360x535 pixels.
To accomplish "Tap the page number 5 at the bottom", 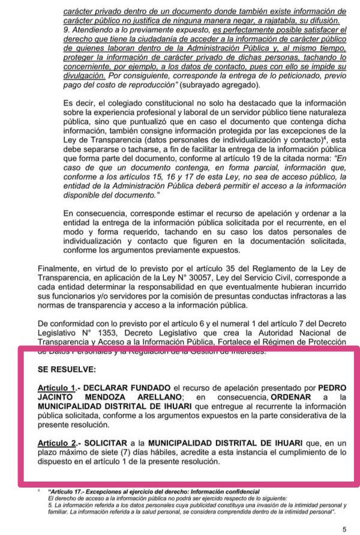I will (344, 528).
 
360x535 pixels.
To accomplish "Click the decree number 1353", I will (89, 331).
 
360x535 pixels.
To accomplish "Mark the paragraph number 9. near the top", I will (65, 29).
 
